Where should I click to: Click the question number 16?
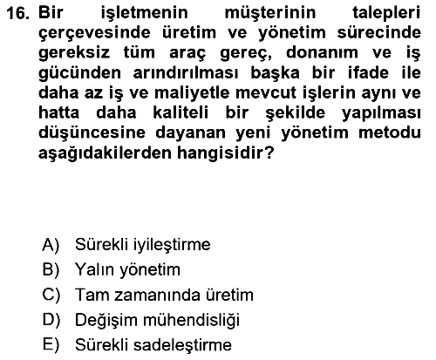[17, 13]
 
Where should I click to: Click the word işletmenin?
[145, 14]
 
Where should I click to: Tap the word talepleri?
[386, 14]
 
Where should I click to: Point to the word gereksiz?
[74, 53]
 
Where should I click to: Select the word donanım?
[322, 52]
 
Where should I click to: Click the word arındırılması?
[186, 72]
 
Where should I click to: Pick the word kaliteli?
[181, 112]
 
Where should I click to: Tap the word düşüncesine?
[92, 133]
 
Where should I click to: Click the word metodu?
[390, 132]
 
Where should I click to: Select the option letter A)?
[51, 245]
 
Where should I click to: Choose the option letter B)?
[51, 269]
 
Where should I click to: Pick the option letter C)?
[51, 295]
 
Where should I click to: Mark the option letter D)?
[51, 320]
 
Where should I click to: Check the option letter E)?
[51, 345]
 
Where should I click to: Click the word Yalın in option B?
[94, 269]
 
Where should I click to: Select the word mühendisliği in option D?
[191, 321]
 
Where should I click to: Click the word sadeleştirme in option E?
[182, 345]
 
